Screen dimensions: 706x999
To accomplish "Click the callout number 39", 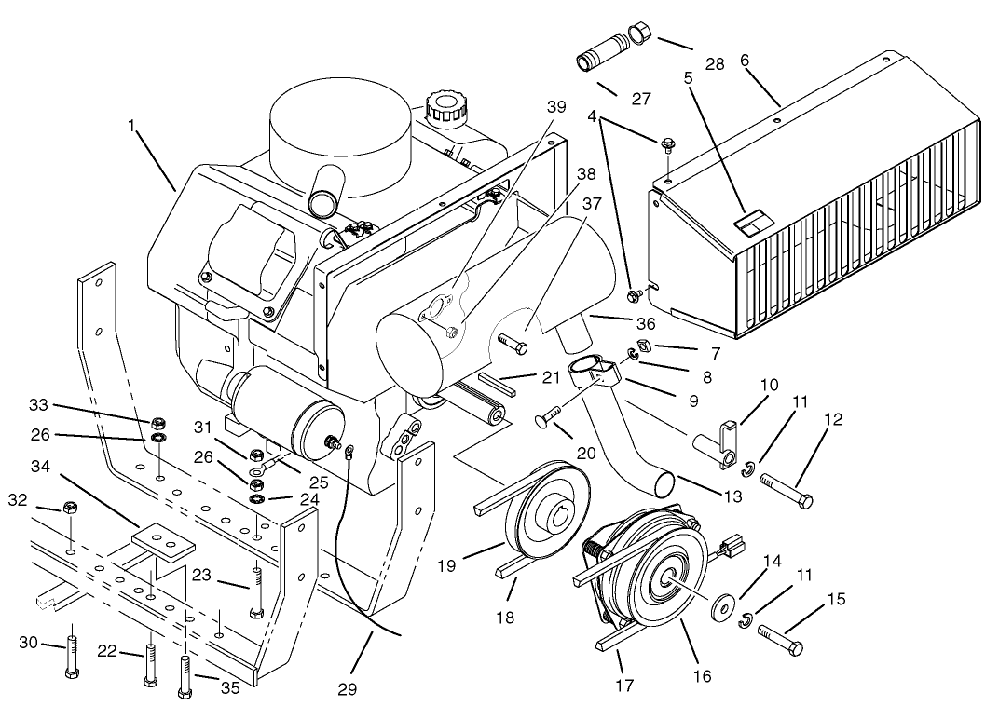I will click(x=555, y=108).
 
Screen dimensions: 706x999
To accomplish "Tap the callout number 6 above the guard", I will click(x=744, y=60).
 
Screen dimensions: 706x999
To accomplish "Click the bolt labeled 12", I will click(x=787, y=491).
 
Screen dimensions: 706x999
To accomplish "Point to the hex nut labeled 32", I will click(x=69, y=508).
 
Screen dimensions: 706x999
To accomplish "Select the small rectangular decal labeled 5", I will click(x=751, y=222).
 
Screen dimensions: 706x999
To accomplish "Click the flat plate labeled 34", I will click(x=161, y=540).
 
